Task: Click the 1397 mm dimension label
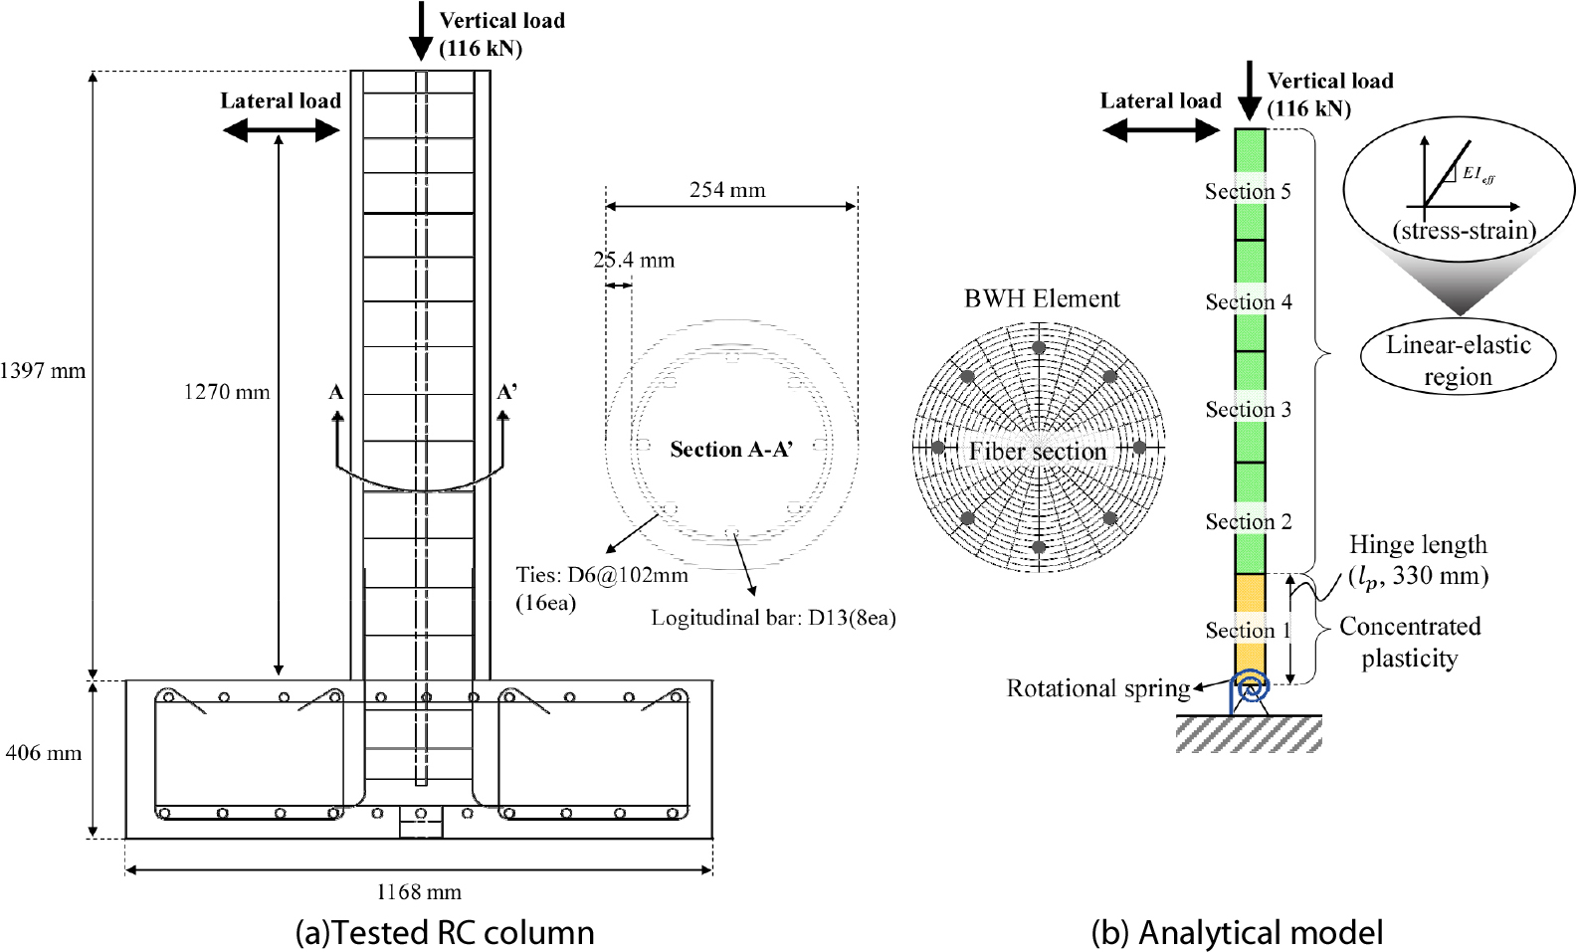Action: (x=43, y=371)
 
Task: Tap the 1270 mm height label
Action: (x=226, y=392)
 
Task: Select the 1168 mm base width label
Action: (x=418, y=892)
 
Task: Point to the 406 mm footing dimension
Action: (x=43, y=753)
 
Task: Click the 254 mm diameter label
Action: (x=727, y=190)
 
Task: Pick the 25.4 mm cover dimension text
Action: (x=634, y=261)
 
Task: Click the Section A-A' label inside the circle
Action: (x=731, y=450)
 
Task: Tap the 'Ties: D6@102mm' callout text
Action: (x=601, y=575)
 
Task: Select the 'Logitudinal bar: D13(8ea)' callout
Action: (x=773, y=618)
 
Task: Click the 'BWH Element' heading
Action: (x=1042, y=298)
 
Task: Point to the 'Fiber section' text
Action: (x=1038, y=452)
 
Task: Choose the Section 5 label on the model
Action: (x=1248, y=191)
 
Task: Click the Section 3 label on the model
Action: (x=1248, y=409)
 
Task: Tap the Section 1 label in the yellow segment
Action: (x=1248, y=630)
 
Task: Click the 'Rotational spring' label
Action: (x=1098, y=688)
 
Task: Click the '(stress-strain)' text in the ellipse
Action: (x=1464, y=231)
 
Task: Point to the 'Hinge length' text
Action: (x=1418, y=545)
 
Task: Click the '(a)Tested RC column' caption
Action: (x=445, y=932)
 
